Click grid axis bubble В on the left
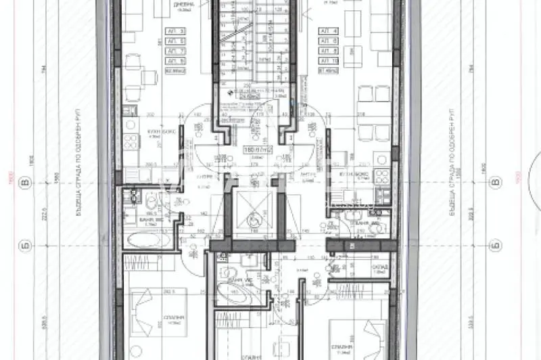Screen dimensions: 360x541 (26, 182)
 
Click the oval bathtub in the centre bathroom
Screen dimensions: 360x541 (228, 292)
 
